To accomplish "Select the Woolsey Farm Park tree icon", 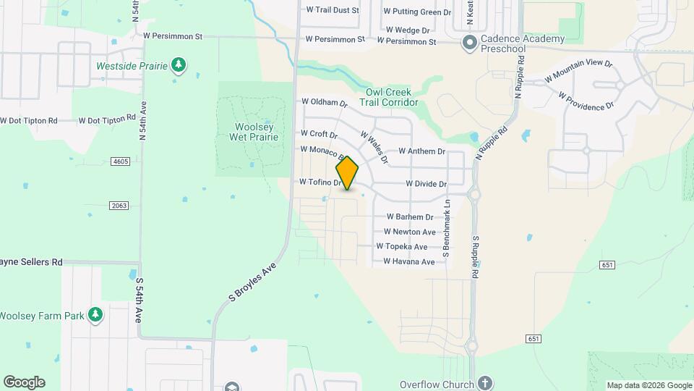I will click(95, 315).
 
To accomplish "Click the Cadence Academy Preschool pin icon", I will click(469, 43).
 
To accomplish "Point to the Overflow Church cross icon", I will click(484, 383).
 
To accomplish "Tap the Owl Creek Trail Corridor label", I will click(388, 97).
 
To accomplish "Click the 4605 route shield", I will click(120, 161).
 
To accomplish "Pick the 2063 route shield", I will click(119, 206).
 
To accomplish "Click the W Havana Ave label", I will click(408, 261).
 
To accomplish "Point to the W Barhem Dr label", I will click(409, 216).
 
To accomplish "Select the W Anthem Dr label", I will click(421, 151).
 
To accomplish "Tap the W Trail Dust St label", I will click(333, 10).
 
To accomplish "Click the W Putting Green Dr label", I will click(417, 12).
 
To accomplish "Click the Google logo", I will click(24, 382).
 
